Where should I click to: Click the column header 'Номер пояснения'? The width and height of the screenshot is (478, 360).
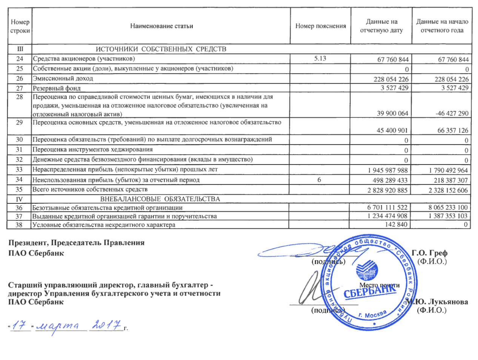point(320,26)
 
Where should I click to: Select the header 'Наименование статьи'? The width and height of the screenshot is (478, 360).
point(161,26)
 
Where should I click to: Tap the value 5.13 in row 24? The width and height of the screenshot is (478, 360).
point(320,58)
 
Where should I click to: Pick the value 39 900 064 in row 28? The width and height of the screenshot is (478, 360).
point(392,113)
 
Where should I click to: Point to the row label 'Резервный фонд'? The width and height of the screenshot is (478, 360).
point(57,88)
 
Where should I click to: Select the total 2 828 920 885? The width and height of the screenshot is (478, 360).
point(387,190)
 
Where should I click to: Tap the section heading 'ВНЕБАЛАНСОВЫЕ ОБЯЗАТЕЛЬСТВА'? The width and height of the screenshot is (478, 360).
point(160,199)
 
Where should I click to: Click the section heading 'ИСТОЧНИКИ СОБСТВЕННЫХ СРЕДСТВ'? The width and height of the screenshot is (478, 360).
point(161,49)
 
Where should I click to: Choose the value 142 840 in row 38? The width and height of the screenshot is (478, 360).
point(396,225)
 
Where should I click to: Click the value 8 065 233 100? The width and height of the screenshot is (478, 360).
point(448,207)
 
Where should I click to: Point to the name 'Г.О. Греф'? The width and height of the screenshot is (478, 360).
point(429,253)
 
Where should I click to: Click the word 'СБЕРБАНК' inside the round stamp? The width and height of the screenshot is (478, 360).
point(367,291)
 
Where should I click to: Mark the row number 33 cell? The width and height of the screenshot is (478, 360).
point(19,169)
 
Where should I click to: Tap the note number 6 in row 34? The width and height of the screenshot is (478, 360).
point(319,180)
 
